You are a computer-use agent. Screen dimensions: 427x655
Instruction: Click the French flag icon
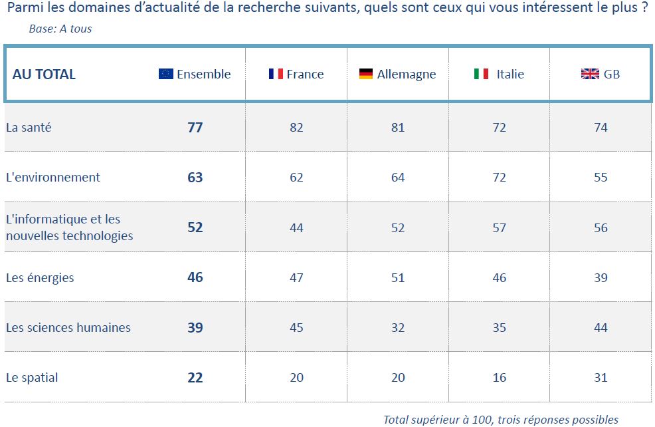point(276,74)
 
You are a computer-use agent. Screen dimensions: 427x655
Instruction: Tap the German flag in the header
point(366,74)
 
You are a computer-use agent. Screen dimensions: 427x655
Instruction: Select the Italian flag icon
point(481,74)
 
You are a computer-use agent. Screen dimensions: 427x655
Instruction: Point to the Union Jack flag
point(589,74)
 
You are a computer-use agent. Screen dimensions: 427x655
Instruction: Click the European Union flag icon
point(166,74)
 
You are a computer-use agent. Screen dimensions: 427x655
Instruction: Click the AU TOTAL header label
point(44,74)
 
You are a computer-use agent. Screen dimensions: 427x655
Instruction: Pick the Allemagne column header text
point(406,74)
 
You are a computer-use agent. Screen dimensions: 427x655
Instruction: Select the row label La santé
point(29,128)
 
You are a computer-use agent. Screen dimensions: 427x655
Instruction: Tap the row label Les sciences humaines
point(68,327)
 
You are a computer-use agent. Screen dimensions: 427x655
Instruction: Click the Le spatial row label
point(32,378)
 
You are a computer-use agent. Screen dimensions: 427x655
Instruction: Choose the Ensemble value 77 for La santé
point(195,128)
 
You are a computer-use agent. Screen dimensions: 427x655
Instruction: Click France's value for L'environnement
point(296,178)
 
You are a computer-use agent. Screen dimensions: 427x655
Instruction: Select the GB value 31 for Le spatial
point(601,378)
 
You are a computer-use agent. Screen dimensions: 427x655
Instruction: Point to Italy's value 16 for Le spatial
point(499,378)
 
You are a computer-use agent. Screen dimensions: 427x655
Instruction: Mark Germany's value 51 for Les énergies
point(397,277)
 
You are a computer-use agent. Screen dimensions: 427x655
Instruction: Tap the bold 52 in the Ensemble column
point(195,227)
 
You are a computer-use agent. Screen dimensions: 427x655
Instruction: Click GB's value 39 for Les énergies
point(601,277)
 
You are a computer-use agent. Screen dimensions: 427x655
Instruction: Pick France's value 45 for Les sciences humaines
point(296,327)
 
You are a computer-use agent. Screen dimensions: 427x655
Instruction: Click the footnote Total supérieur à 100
point(501,420)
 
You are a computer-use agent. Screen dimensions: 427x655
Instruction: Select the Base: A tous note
point(60,29)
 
